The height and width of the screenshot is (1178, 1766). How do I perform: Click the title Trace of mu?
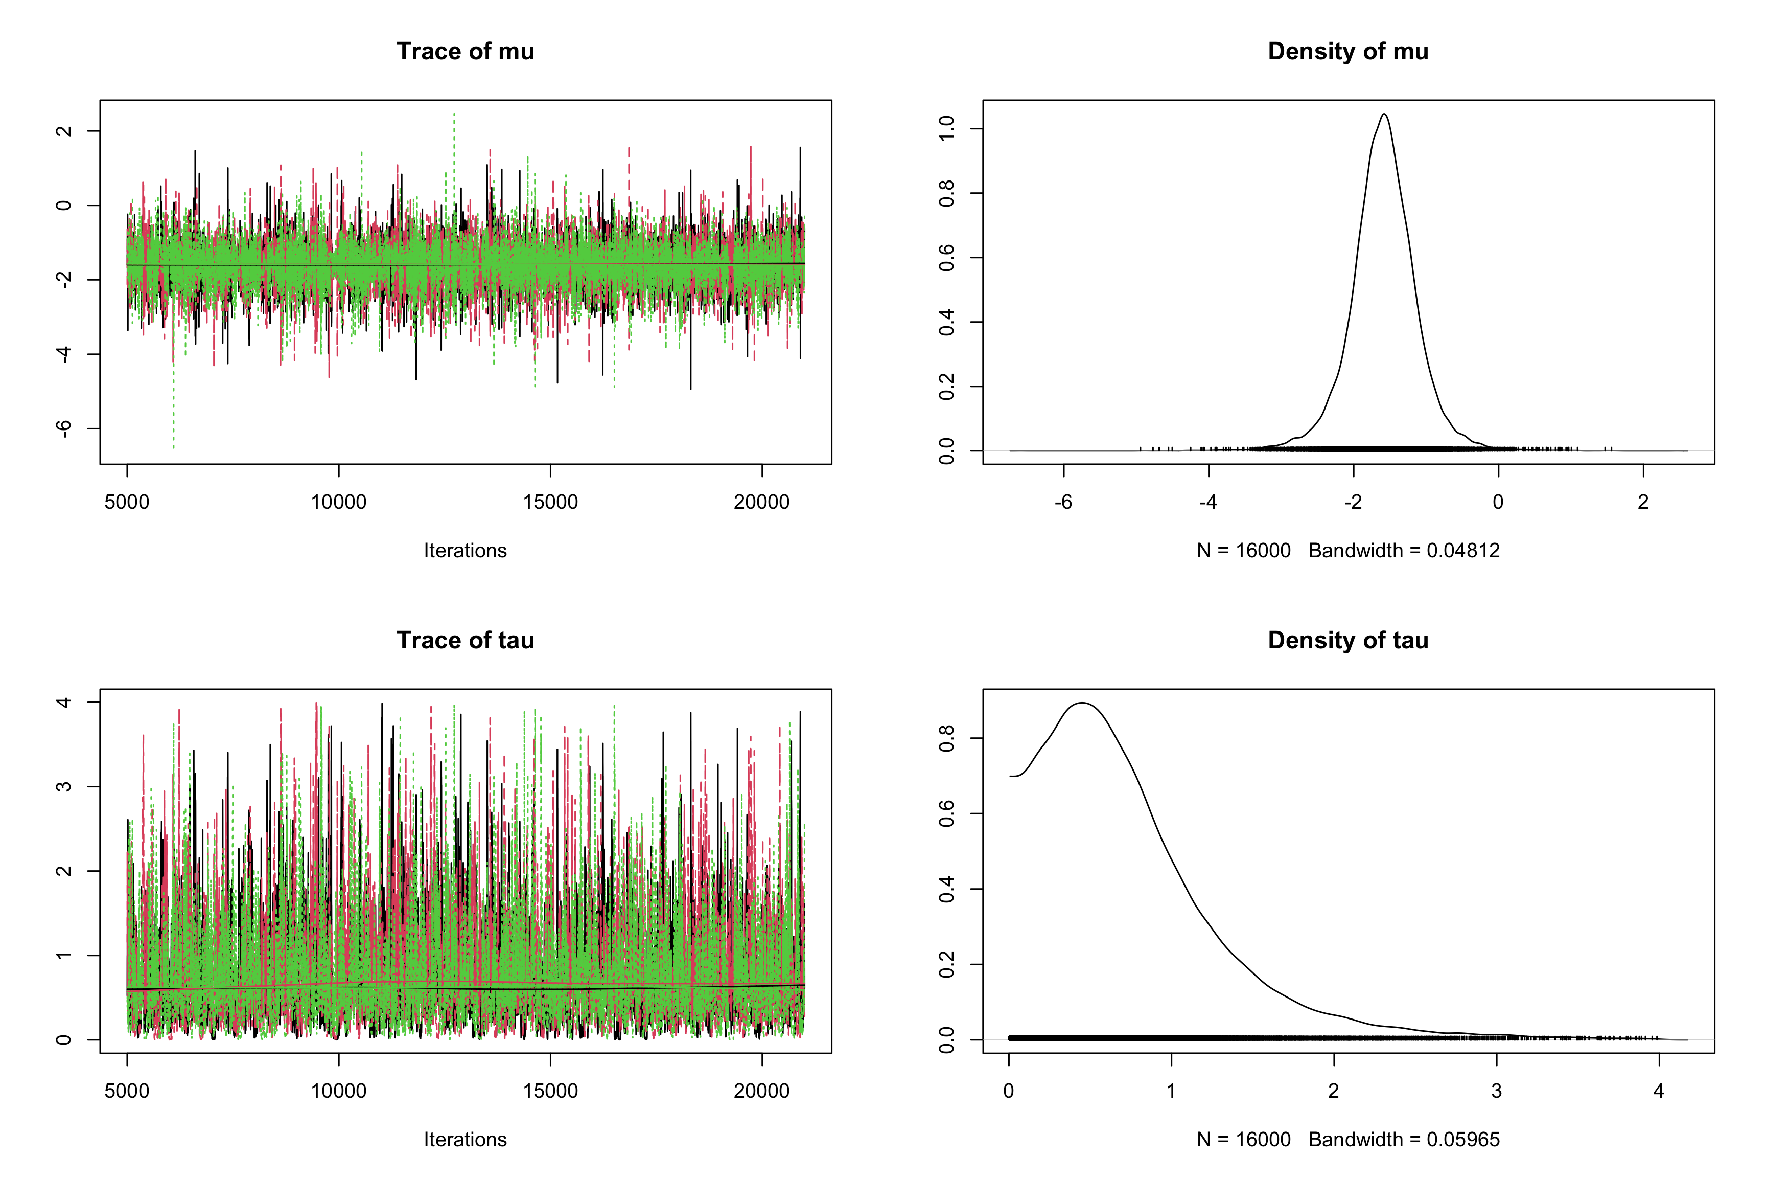(x=465, y=51)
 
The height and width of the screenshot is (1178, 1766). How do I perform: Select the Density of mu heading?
(x=1348, y=51)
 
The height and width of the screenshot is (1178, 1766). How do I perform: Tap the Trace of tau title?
(x=465, y=640)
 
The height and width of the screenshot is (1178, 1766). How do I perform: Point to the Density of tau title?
(x=1348, y=640)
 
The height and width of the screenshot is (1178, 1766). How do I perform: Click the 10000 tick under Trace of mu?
(x=339, y=502)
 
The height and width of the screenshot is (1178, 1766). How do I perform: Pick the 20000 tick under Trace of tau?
(x=761, y=1091)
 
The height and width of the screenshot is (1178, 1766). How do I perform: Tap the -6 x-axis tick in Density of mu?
(x=1063, y=502)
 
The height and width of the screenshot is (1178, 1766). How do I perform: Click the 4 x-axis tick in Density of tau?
(x=1659, y=1091)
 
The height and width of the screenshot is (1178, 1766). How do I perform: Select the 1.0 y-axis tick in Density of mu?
(x=947, y=128)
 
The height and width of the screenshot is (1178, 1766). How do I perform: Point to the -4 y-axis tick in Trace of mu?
(x=64, y=354)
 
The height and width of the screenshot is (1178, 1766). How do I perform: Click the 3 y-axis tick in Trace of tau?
(x=64, y=786)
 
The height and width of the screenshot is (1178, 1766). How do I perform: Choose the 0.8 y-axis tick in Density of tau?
(x=947, y=738)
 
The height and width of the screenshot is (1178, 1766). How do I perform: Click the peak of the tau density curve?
(x=1082, y=703)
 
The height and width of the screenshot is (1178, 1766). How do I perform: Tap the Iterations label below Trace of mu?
(x=465, y=551)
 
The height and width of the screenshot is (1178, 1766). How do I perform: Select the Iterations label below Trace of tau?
(x=465, y=1140)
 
